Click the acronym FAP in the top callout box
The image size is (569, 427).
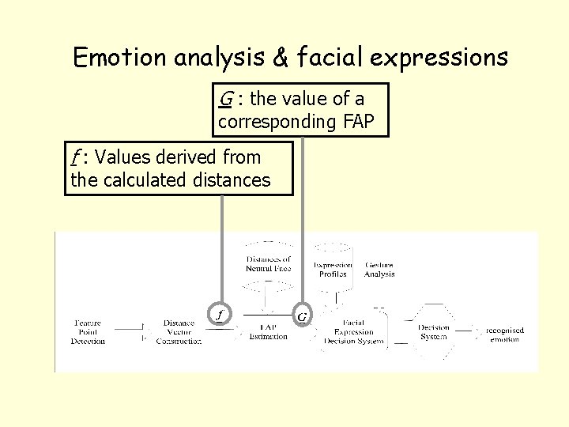click(x=359, y=122)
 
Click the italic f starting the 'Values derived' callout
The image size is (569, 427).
click(x=75, y=157)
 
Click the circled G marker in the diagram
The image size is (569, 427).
click(x=302, y=317)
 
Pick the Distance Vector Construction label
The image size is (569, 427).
click(x=179, y=332)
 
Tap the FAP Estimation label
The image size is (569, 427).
click(x=268, y=332)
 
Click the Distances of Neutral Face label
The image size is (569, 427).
click(x=269, y=264)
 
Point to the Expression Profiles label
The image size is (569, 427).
click(x=333, y=270)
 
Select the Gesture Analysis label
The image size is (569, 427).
click(x=379, y=270)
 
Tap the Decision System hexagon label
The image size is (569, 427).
click(x=434, y=331)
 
